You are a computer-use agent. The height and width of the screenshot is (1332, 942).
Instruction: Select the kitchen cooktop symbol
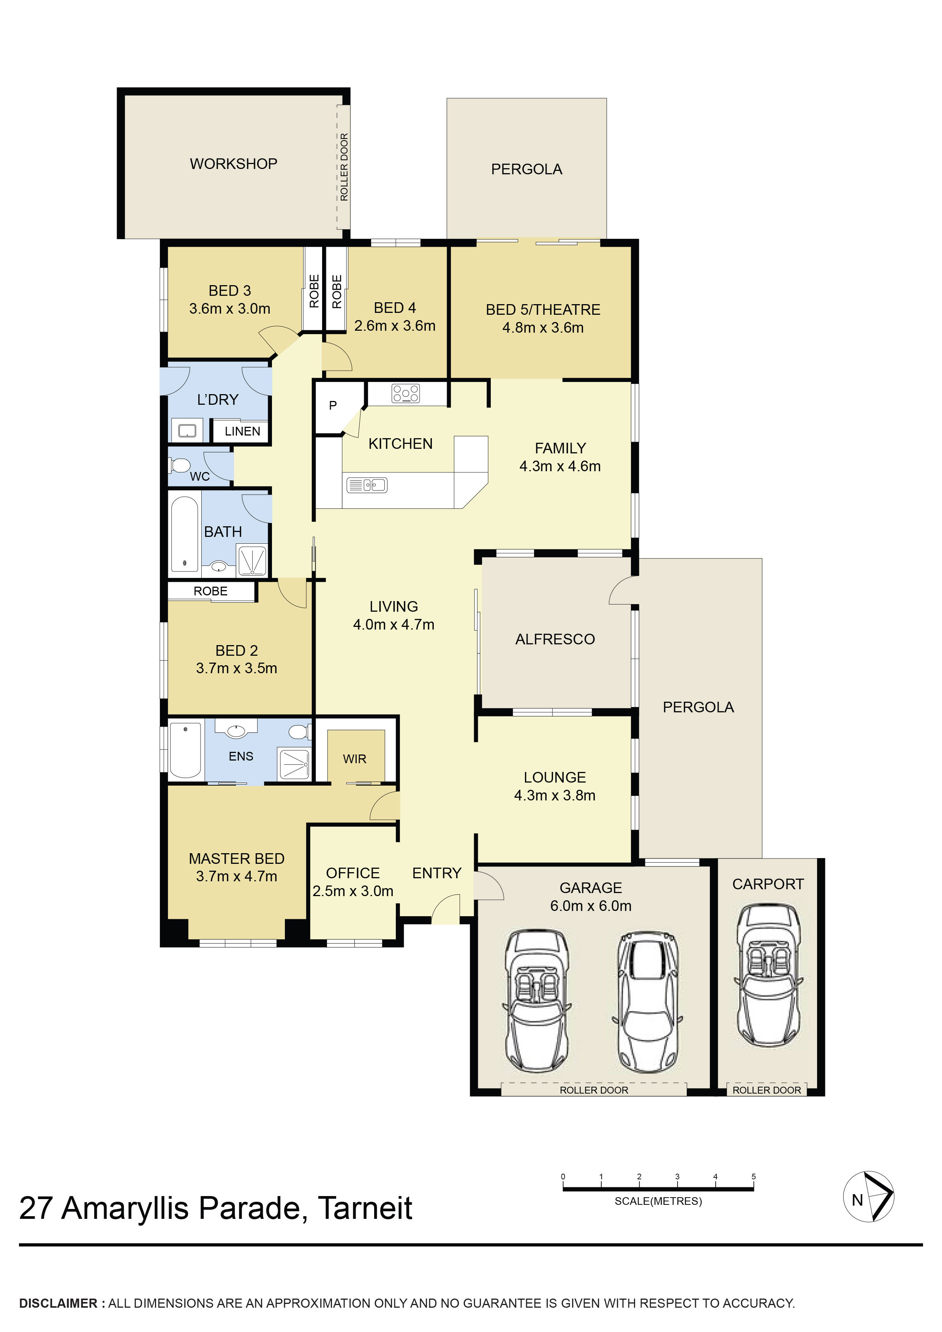[x=406, y=393]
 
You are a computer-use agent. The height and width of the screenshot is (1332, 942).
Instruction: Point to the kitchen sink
[x=367, y=485]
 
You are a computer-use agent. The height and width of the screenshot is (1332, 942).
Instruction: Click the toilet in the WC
[x=180, y=465]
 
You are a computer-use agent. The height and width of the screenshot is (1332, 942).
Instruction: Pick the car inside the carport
[x=768, y=976]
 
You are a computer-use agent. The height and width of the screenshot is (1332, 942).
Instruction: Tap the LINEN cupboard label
[x=242, y=432]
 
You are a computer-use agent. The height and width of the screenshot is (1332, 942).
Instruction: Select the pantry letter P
[x=333, y=406]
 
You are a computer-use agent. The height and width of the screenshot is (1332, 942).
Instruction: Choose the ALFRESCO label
[x=555, y=639]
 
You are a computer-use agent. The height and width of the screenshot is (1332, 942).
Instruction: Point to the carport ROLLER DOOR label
[x=767, y=1090]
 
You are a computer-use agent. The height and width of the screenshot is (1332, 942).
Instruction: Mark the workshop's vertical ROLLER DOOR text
[x=344, y=167]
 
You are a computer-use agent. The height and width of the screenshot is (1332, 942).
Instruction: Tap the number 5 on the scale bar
[x=753, y=1177]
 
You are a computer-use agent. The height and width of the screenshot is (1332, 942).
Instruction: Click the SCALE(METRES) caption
[x=658, y=1201]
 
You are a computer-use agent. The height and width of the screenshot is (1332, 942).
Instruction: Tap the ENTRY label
[x=436, y=873]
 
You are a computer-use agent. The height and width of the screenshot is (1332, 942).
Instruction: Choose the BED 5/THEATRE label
[x=543, y=310]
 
